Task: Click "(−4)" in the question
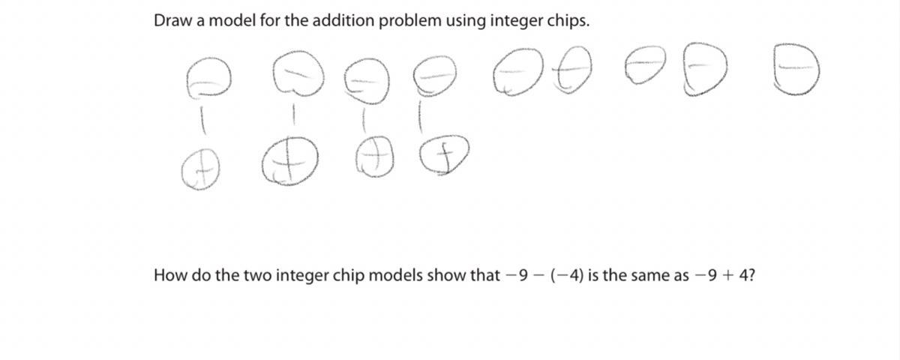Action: pyautogui.click(x=567, y=276)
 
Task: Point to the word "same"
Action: pyautogui.click(x=640, y=277)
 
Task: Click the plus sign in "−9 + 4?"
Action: pyautogui.click(x=727, y=277)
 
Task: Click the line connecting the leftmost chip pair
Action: pyautogui.click(x=203, y=121)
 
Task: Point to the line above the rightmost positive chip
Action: pyautogui.click(x=420, y=116)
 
